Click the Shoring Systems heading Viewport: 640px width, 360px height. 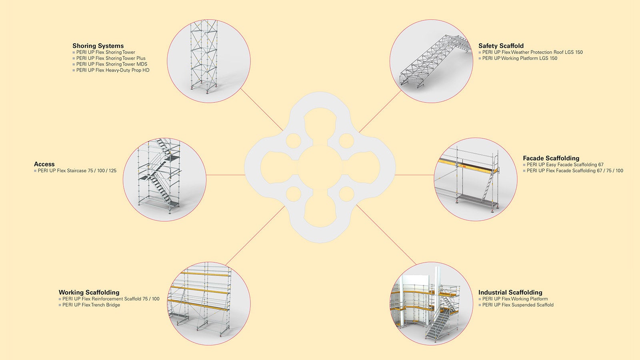98,46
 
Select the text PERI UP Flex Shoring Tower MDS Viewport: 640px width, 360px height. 112,64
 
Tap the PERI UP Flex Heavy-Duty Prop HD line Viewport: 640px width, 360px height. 113,70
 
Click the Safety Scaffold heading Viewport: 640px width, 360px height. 501,46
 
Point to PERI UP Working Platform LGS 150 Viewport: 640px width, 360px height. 520,58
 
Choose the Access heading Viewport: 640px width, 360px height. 44,164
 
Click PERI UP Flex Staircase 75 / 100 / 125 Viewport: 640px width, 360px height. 77,170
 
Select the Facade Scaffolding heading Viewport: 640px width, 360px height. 551,158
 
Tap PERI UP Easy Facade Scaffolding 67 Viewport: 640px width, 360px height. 565,164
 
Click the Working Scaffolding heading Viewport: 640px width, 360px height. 89,292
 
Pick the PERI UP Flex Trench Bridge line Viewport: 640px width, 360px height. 91,305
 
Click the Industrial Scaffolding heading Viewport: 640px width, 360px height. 510,292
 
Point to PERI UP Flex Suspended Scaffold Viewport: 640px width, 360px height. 518,305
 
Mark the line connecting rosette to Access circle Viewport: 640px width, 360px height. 226,175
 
